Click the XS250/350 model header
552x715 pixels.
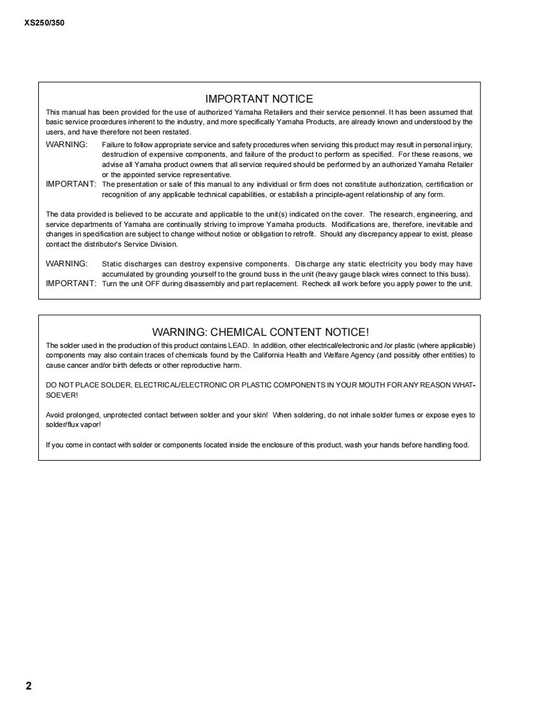pyautogui.click(x=44, y=23)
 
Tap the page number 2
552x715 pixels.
pyautogui.click(x=29, y=686)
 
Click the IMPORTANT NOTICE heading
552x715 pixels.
pyautogui.click(x=259, y=99)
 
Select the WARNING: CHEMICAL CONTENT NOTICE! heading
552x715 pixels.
pyautogui.click(x=260, y=332)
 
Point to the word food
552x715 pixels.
pyautogui.click(x=460, y=445)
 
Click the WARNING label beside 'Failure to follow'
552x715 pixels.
pyautogui.click(x=66, y=144)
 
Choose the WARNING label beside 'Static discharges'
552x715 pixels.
pyautogui.click(x=66, y=263)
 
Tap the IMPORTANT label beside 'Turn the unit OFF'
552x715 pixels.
pyautogui.click(x=71, y=283)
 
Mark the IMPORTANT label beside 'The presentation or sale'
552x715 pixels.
pyautogui.click(x=71, y=184)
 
